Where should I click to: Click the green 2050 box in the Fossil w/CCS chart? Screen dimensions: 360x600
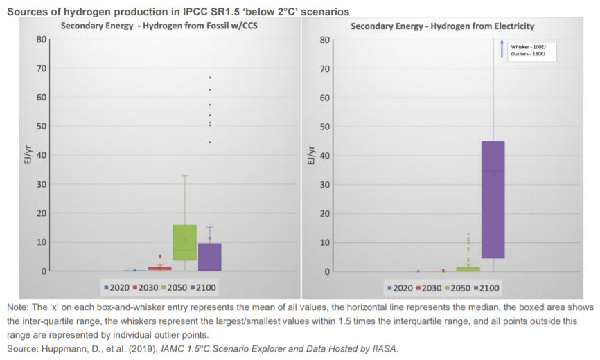[x=185, y=242]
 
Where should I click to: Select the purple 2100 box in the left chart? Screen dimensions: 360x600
[x=209, y=257]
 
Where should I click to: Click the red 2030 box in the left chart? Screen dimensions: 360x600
[x=160, y=268]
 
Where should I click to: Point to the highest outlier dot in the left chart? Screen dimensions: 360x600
[x=209, y=77]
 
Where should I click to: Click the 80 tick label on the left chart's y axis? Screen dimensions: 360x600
[x=42, y=39]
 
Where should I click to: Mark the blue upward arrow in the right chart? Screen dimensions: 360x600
[x=501, y=49]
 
